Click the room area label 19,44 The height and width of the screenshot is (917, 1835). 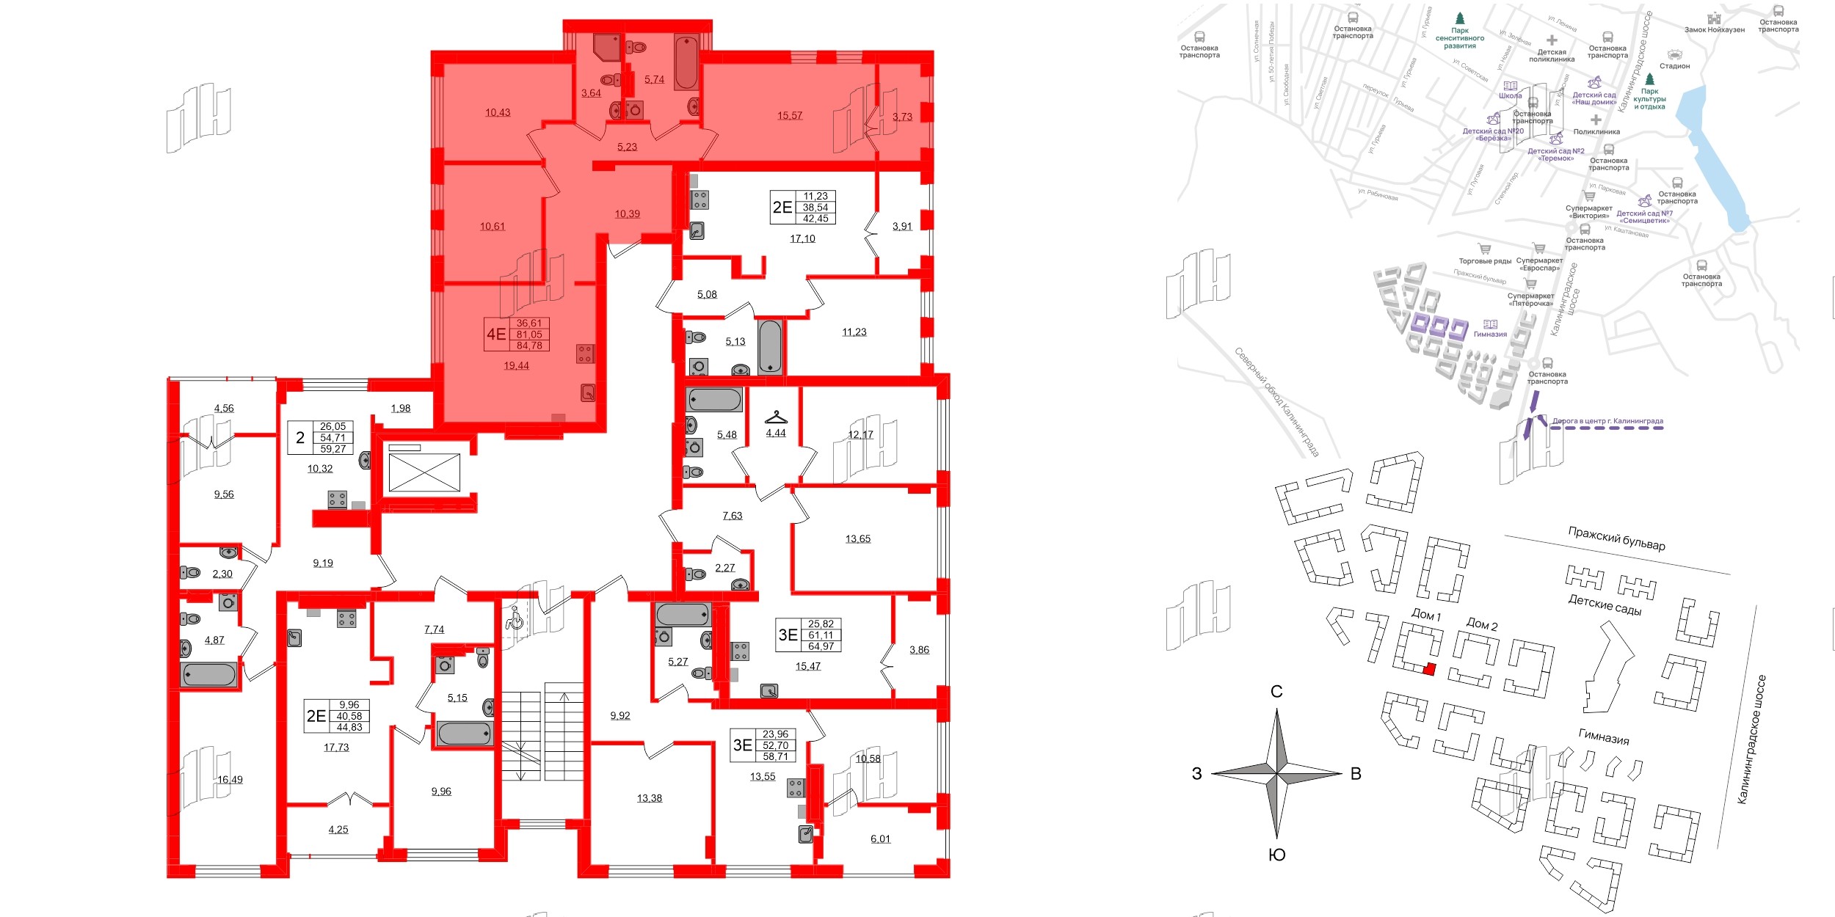point(516,365)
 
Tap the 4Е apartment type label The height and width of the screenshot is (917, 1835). point(496,335)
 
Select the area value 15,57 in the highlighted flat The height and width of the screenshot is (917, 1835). point(790,116)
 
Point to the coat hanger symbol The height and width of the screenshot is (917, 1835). point(776,418)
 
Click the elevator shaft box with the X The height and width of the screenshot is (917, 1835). point(424,472)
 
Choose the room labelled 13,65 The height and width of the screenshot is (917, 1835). point(857,539)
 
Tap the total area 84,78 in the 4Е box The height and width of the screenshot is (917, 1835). point(529,346)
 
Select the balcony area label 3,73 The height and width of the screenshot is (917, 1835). point(902,117)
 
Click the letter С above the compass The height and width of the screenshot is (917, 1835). point(1276,692)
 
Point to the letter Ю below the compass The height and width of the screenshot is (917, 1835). point(1276,855)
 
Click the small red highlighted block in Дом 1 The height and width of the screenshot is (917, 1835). point(1428,669)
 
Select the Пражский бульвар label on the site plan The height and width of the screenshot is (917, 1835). point(1616,538)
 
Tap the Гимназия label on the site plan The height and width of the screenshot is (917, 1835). point(1604,737)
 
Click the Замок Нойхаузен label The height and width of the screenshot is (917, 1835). point(1714,30)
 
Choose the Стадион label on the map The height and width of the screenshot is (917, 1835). point(1675,66)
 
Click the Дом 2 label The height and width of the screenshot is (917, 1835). point(1481,624)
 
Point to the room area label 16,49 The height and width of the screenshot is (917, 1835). point(230,780)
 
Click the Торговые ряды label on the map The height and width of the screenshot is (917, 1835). point(1485,261)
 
